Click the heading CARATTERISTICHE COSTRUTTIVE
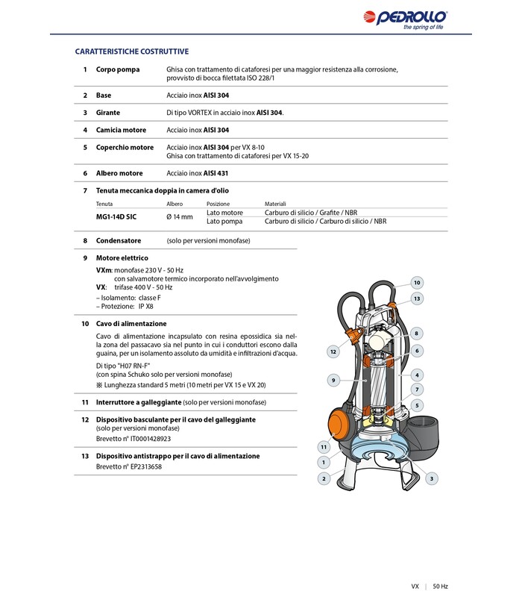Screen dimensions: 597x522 coord(132,51)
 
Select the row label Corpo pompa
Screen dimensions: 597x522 coord(118,69)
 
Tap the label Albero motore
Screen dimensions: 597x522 coord(119,173)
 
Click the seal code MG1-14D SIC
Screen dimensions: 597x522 coord(116,216)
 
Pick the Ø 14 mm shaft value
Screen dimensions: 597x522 coord(179,216)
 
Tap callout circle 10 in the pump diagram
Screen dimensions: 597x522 coord(417,283)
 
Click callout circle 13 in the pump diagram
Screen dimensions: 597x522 coord(417,298)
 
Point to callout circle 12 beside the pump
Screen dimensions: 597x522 coord(333,351)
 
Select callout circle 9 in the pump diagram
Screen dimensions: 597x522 coord(333,381)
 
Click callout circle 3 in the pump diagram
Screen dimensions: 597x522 coord(432,478)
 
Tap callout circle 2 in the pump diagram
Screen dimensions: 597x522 coord(324,478)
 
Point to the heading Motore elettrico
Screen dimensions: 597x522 coord(122,258)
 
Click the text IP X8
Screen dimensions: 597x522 coord(146,307)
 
